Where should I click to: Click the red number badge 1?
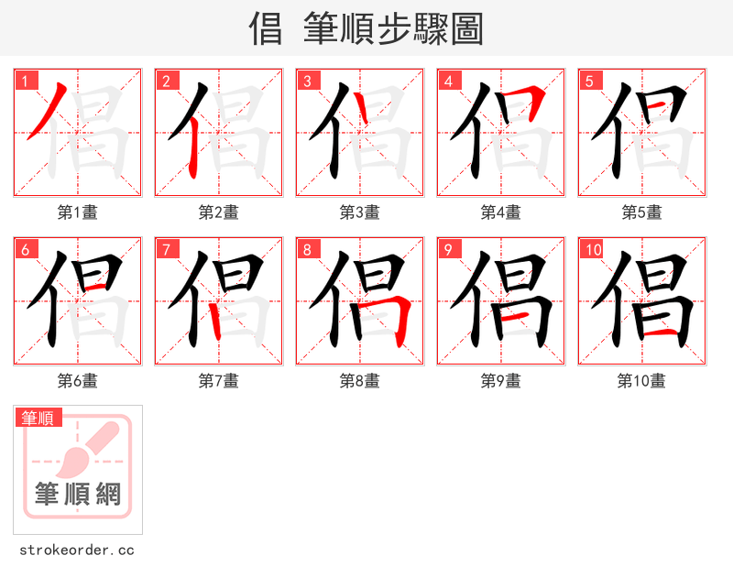(x=25, y=81)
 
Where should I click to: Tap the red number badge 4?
(x=448, y=81)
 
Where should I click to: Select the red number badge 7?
(x=166, y=249)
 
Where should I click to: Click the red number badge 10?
(x=592, y=249)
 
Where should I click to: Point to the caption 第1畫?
(x=77, y=212)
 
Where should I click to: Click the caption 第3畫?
(x=359, y=212)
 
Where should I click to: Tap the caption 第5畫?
(x=641, y=212)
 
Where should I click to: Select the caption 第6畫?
(x=77, y=381)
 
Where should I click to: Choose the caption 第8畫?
(x=359, y=381)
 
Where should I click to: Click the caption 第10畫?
(x=641, y=381)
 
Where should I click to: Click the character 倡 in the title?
(x=266, y=29)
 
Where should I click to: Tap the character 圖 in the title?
(x=466, y=29)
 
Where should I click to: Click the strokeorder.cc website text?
(x=77, y=550)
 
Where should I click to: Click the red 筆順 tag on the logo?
(x=38, y=418)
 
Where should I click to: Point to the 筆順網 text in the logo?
(x=78, y=495)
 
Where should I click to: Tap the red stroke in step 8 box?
(x=399, y=316)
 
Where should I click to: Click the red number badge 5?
(x=589, y=81)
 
